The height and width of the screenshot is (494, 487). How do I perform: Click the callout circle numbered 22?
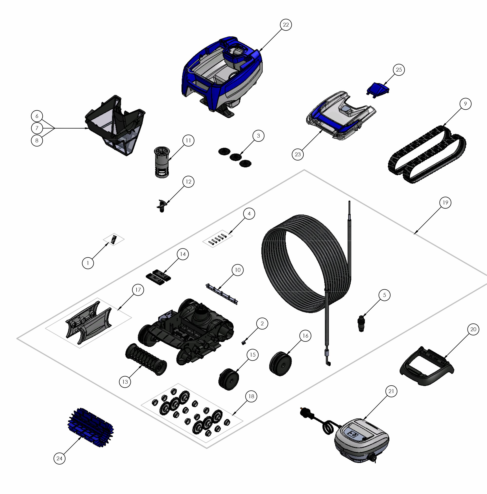(286, 25)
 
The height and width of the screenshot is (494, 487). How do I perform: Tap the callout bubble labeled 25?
(399, 70)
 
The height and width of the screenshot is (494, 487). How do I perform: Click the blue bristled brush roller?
(91, 427)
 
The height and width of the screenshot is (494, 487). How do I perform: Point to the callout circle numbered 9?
(465, 104)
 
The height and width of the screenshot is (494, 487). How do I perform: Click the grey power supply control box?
(362, 440)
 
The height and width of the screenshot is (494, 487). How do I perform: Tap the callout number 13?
(125, 382)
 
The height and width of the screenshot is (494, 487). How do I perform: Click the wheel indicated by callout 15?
(229, 379)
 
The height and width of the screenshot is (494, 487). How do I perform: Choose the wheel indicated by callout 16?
(281, 364)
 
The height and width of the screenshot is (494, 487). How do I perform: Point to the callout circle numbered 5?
(384, 295)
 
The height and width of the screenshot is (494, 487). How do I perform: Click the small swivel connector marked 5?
(361, 323)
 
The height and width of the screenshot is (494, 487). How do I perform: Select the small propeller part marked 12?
(161, 205)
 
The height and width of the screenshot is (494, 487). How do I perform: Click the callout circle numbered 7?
(37, 128)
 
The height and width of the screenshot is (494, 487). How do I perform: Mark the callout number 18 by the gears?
(251, 396)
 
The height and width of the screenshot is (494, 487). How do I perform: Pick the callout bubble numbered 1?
(88, 263)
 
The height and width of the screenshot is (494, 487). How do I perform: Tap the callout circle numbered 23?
(298, 154)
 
